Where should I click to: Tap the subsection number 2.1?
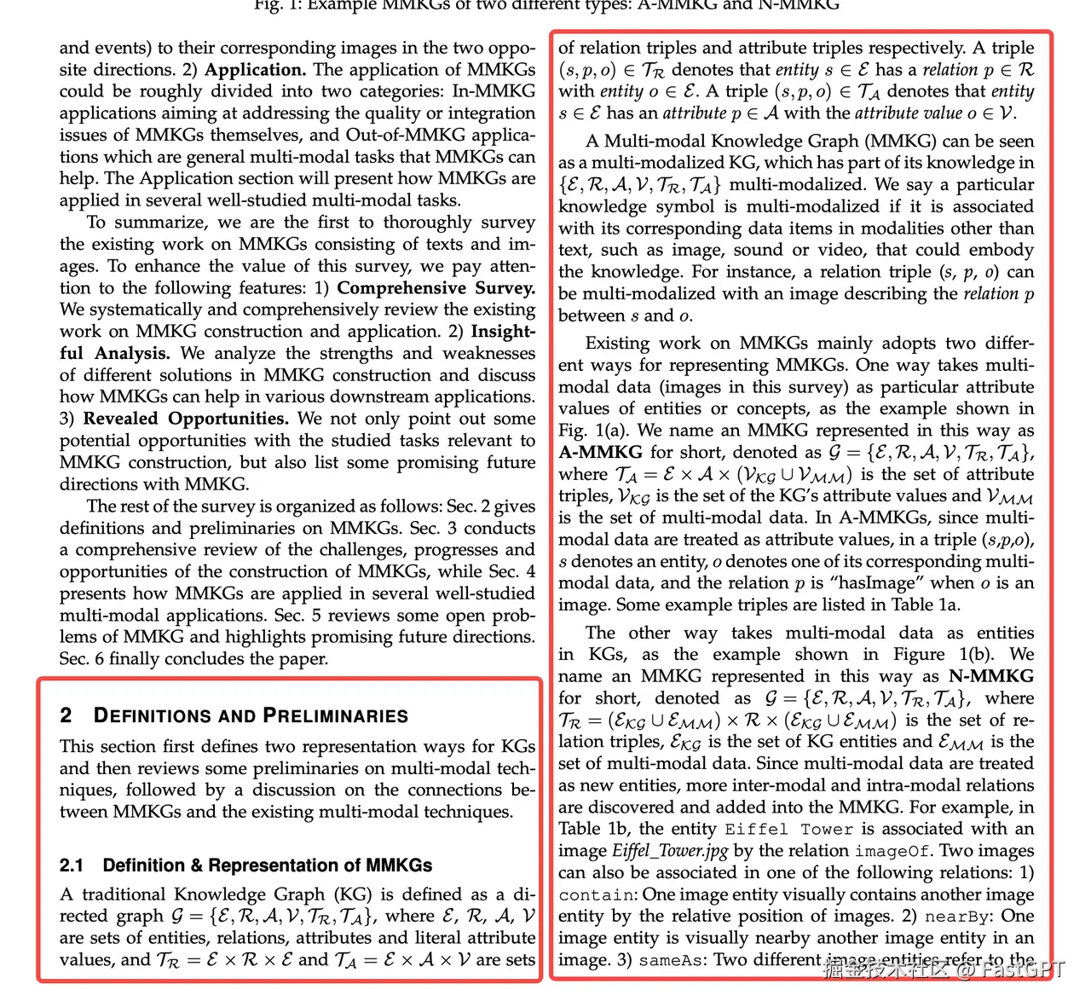(72, 865)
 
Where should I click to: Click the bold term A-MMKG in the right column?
(600, 452)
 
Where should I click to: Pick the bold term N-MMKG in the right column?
(991, 676)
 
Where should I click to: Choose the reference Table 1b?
(594, 829)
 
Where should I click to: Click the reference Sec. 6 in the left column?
(82, 659)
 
